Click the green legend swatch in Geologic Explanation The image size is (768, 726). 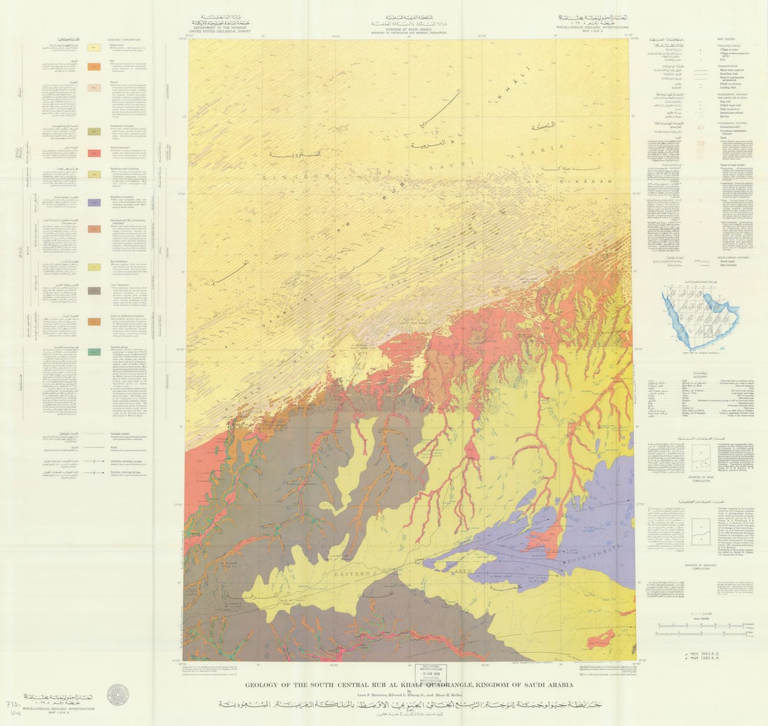[94, 353]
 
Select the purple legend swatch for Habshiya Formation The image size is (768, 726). [94, 202]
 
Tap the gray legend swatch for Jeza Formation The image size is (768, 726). [94, 290]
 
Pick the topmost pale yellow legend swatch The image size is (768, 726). [94, 47]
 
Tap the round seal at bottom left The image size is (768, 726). [117, 694]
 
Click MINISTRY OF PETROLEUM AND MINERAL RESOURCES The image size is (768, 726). [410, 31]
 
